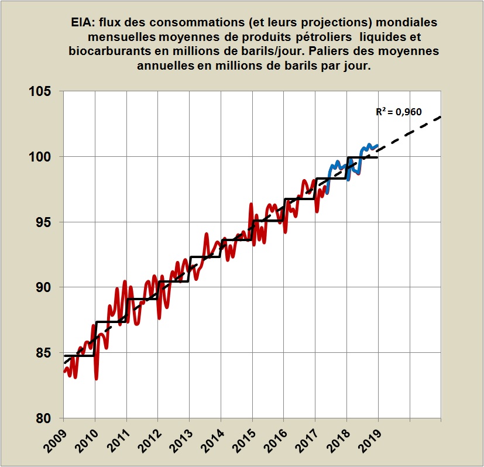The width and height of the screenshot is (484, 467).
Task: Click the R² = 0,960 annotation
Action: pos(399,111)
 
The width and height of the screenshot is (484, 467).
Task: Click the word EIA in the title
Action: pos(81,22)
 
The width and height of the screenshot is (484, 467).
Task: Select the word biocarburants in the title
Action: pos(106,51)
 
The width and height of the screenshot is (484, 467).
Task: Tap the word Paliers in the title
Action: pos(331,51)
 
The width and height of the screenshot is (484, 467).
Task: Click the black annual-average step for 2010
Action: pos(110,322)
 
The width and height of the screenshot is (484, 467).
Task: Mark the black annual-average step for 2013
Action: pos(205,257)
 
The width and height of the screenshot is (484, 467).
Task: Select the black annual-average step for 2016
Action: pos(300,200)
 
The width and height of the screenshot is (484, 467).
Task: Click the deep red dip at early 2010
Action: pos(96,377)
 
